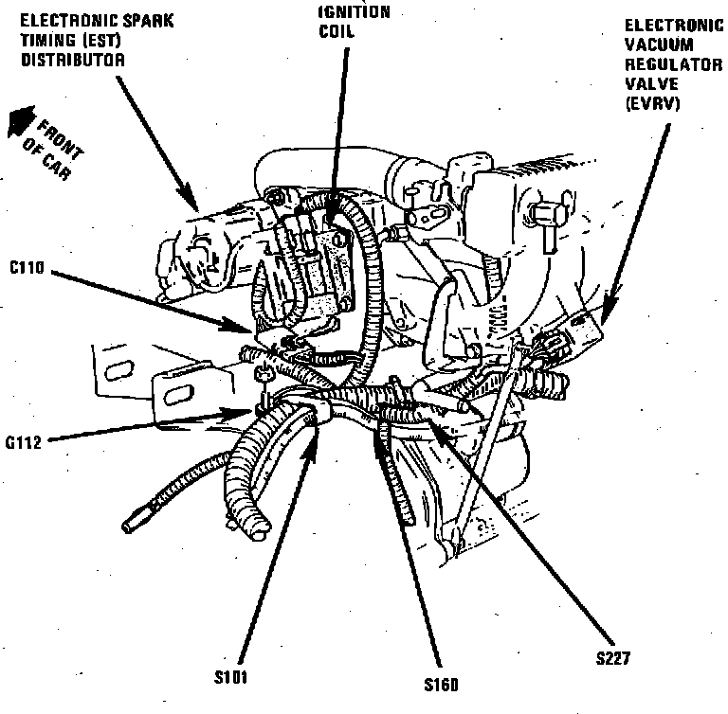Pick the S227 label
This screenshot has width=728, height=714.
(x=613, y=656)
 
